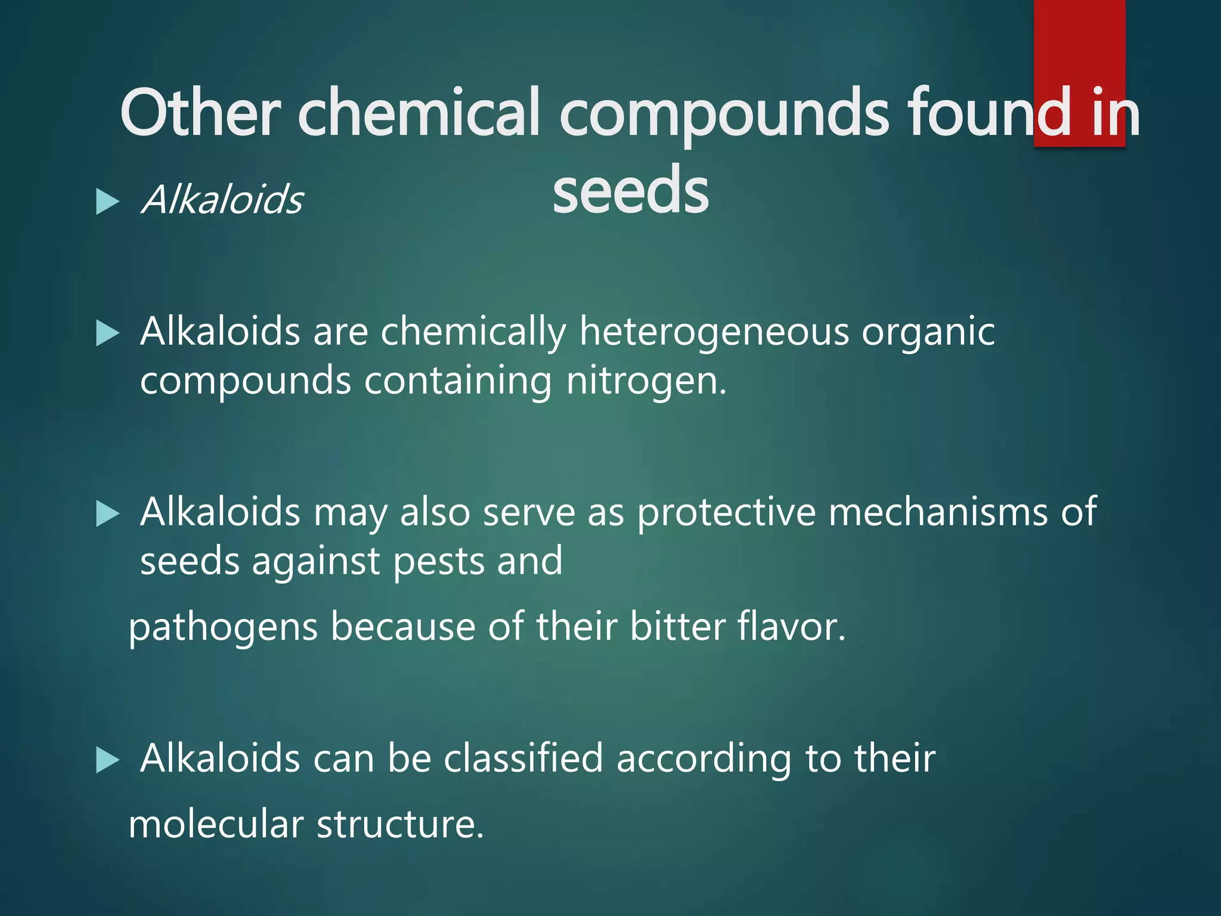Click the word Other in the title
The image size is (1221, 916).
[x=200, y=112]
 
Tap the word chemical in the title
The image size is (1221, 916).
[x=419, y=112]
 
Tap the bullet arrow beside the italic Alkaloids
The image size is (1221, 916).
[x=107, y=202]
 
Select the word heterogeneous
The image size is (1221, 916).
[x=714, y=332]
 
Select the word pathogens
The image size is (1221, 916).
[x=223, y=628]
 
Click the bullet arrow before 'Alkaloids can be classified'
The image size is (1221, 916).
[x=107, y=761]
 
